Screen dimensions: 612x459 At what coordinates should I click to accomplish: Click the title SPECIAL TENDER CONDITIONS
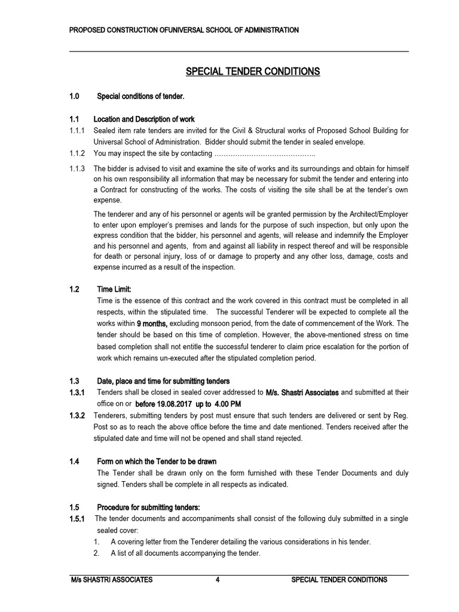pos(253,72)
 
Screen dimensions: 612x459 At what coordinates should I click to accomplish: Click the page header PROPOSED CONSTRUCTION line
pos(184,30)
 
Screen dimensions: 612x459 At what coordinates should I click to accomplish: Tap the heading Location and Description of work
pos(146,119)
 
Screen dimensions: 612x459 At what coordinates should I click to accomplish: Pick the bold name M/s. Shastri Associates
pos(302,393)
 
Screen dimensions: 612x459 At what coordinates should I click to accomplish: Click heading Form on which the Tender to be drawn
pos(157,461)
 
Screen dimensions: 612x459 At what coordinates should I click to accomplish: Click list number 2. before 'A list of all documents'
pos(96,553)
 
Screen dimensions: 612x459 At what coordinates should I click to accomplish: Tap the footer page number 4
pos(218,580)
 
